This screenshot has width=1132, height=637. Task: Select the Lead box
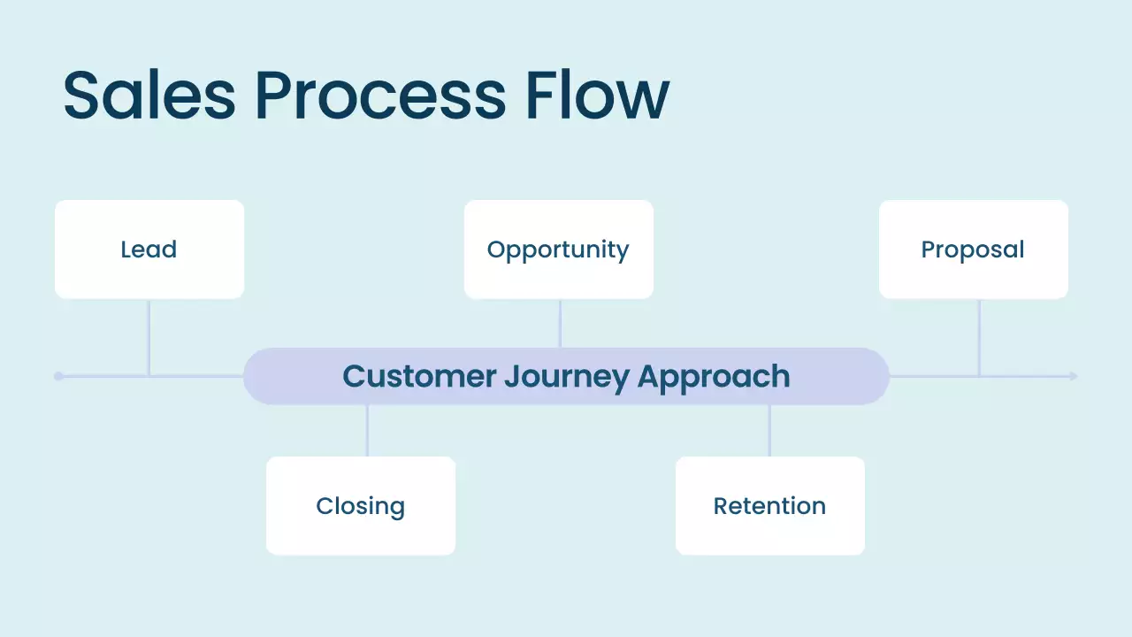(x=149, y=249)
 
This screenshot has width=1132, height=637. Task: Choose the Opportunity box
(x=558, y=249)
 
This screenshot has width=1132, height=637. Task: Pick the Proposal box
(x=973, y=249)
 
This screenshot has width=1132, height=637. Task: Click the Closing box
(x=360, y=506)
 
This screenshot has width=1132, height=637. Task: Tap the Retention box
(x=769, y=506)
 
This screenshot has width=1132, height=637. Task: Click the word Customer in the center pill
(x=419, y=376)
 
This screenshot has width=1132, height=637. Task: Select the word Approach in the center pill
(x=713, y=376)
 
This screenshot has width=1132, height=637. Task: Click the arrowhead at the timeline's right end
(x=1073, y=376)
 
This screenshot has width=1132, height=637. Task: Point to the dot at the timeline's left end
(x=58, y=376)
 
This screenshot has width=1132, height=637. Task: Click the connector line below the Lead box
(x=149, y=337)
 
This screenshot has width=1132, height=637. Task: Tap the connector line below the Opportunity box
(x=560, y=324)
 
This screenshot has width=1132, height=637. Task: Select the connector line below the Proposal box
(x=979, y=337)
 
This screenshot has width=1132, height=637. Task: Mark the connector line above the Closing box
(x=367, y=431)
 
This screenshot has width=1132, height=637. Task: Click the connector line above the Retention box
(x=769, y=431)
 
